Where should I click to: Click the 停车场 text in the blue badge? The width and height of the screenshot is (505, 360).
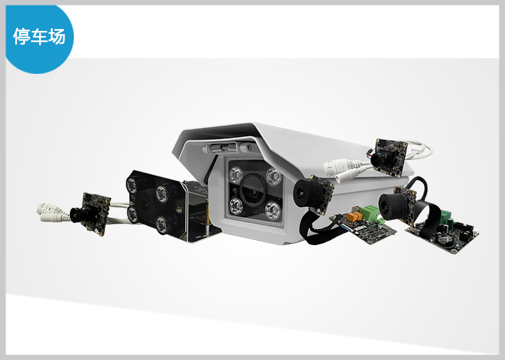pos(39,36)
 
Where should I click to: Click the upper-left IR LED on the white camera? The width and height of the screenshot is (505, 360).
pos(236,175)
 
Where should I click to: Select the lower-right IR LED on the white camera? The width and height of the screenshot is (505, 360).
pos(273,210)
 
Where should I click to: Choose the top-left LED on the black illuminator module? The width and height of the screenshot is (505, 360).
pos(131,186)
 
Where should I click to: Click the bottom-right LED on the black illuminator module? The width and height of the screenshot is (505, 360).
pos(162,224)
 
